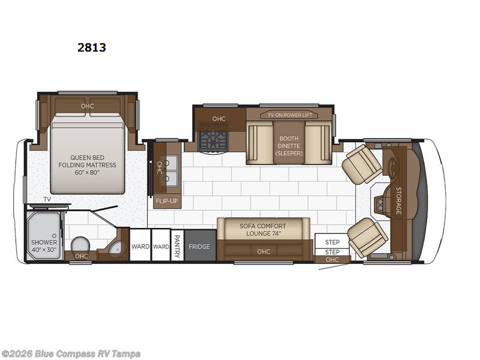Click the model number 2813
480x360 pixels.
click(x=92, y=47)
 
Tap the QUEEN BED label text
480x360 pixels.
click(x=87, y=158)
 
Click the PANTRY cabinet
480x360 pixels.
click(x=177, y=245)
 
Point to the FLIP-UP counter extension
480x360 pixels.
click(x=167, y=201)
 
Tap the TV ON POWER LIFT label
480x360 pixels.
click(x=290, y=115)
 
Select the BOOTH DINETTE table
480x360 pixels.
click(x=289, y=142)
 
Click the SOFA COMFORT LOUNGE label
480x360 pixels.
click(x=263, y=230)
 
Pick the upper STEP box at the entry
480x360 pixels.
click(x=332, y=242)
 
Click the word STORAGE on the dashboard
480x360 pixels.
click(x=398, y=200)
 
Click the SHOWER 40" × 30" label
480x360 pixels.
click(x=44, y=246)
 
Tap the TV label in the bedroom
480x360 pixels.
click(x=47, y=199)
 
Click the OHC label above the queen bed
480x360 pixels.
click(x=87, y=106)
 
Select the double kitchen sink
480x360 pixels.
click(x=169, y=171)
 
